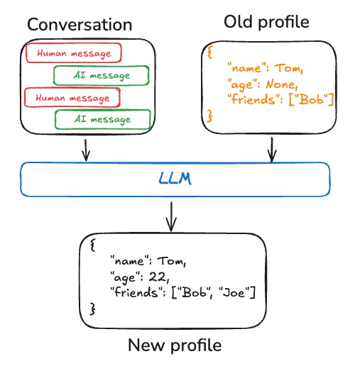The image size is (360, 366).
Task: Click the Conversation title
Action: coord(80,24)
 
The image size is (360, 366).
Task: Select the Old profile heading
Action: coord(266,22)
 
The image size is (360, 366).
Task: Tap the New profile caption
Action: coord(175,345)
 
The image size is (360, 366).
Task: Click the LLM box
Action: coord(175,179)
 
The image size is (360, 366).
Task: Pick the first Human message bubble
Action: coord(73,53)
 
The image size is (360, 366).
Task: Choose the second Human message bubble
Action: coord(72,97)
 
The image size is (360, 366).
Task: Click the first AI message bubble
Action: coord(102,75)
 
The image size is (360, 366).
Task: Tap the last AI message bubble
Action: coord(103,119)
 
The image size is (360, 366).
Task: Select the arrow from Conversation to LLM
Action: coord(86,149)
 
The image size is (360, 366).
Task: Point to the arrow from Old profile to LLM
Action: coord(271,149)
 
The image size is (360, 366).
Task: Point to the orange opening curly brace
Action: coord(209,52)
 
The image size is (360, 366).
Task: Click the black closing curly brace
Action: coord(92,309)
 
